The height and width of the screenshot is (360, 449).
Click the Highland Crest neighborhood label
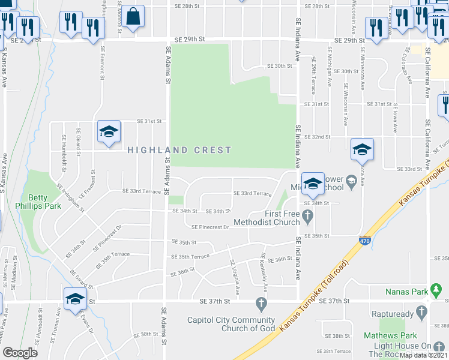(x=179, y=150)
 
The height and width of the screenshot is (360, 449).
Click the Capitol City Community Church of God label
(x=231, y=324)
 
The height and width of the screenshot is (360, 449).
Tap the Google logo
(x=20, y=353)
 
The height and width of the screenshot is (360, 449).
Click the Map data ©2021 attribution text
(x=424, y=355)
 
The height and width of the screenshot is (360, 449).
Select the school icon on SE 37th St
(x=76, y=299)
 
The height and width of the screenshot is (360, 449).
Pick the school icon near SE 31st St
(x=109, y=133)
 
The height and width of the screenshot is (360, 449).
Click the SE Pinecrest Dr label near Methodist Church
(x=210, y=227)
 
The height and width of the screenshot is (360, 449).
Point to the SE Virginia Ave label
(x=235, y=278)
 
